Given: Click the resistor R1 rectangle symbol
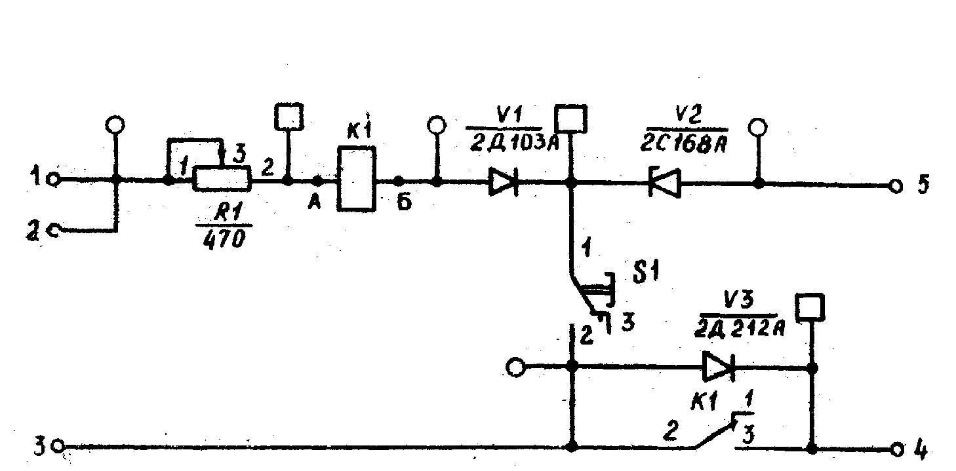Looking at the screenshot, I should (x=222, y=178).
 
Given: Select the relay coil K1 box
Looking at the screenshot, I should (x=357, y=179).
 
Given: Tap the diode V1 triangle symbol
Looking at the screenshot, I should (x=504, y=183).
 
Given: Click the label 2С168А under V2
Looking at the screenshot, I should (x=687, y=143).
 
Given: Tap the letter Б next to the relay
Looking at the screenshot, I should (x=404, y=204).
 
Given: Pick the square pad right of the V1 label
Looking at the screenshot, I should (x=571, y=119).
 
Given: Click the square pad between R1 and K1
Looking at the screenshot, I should (x=288, y=117).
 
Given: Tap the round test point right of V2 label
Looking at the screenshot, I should (x=759, y=126).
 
